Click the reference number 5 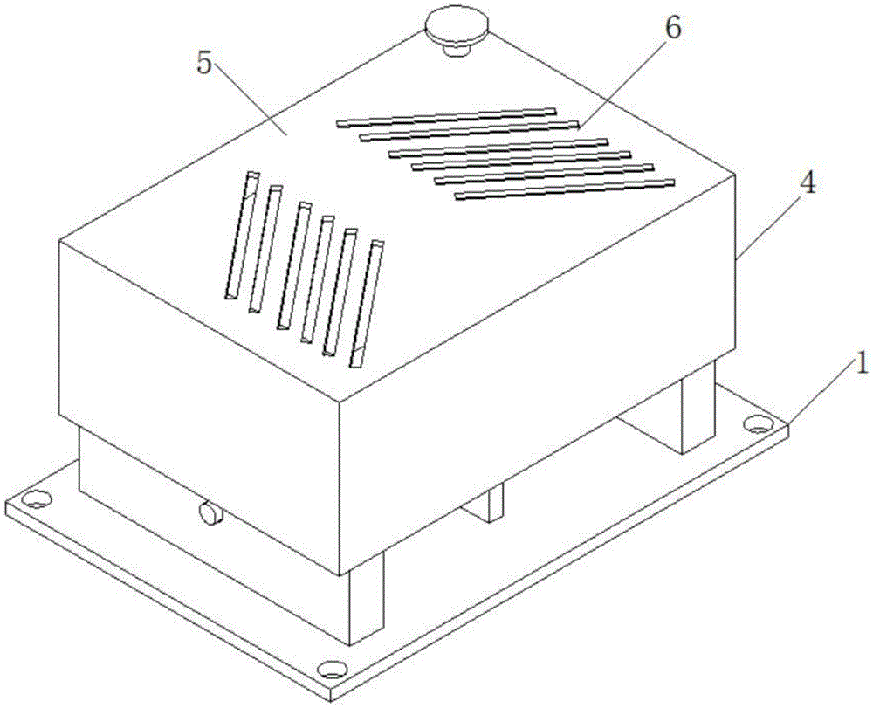[x=205, y=65]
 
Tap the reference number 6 [x=672, y=28]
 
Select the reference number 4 [x=808, y=182]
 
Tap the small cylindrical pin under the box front [x=211, y=512]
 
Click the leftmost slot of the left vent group [x=242, y=235]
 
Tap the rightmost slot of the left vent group [x=367, y=304]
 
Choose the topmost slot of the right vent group [x=446, y=117]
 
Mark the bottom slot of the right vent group [x=565, y=189]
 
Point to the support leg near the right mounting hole [x=696, y=406]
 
